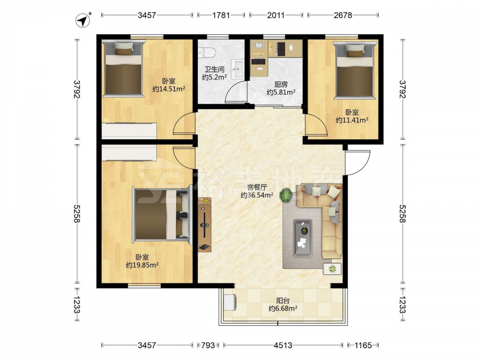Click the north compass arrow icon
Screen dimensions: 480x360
click(x=83, y=21)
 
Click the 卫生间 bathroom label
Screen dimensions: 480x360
click(x=214, y=69)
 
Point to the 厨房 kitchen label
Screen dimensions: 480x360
click(x=281, y=84)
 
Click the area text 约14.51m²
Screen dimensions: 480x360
click(x=168, y=89)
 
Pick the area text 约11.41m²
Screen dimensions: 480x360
click(x=352, y=120)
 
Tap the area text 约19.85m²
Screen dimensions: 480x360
click(x=143, y=265)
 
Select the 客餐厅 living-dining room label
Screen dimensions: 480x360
click(x=257, y=187)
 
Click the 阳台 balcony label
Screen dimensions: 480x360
click(x=283, y=300)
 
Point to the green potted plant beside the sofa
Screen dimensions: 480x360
click(x=286, y=195)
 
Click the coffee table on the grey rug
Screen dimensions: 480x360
click(x=303, y=238)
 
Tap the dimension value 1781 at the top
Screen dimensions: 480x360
click(x=221, y=15)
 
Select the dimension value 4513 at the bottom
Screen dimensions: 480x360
click(x=283, y=345)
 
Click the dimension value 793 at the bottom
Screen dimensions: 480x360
click(x=208, y=345)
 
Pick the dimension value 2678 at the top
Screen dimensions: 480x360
click(x=343, y=15)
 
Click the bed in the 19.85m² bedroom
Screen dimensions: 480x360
click(x=163, y=214)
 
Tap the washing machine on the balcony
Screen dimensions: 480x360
click(x=230, y=302)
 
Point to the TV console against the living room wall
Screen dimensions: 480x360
click(x=204, y=225)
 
